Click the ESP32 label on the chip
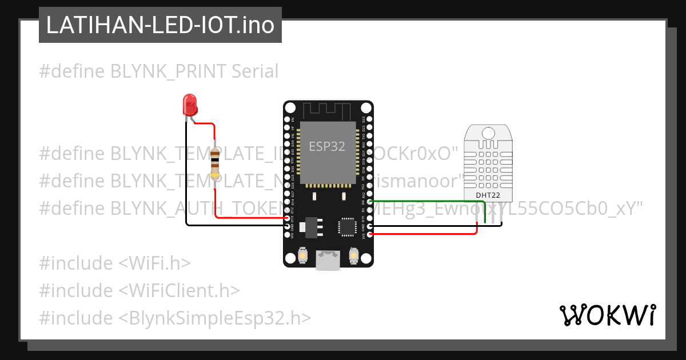(327, 146)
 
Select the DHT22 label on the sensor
(488, 195)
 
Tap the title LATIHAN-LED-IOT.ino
(160, 26)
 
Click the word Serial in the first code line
(255, 71)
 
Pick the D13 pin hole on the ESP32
(287, 218)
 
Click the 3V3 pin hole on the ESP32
(370, 234)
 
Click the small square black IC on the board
(347, 226)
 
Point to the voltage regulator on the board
(310, 226)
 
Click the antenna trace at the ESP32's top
(326, 110)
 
